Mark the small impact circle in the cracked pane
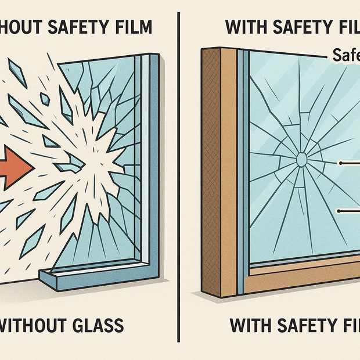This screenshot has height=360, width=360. tap(302, 159)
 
